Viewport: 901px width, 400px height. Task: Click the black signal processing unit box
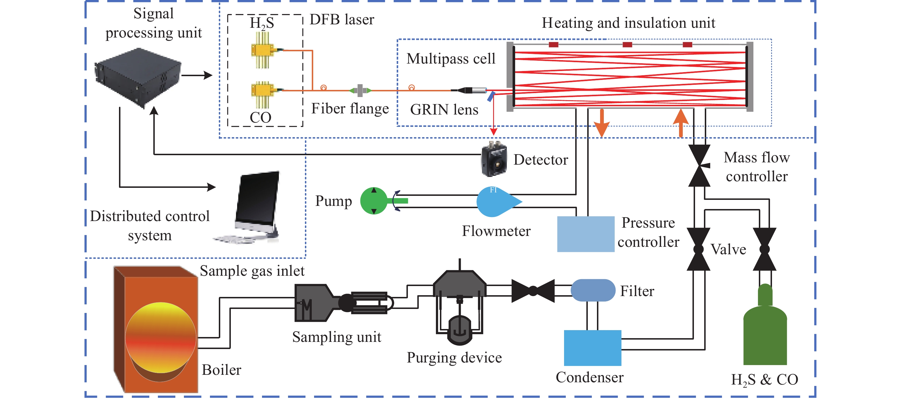pos(138,77)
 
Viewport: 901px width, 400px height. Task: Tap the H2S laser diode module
pos(262,50)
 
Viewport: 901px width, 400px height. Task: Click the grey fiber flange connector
pos(360,90)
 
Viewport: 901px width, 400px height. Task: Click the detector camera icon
pos(494,160)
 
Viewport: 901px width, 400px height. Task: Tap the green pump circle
pos(374,201)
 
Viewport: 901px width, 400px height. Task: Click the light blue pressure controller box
pos(585,234)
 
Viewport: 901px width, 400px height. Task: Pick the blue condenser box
pos(592,348)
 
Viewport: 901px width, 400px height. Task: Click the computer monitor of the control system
pos(258,200)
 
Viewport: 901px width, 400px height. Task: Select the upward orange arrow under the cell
pos(681,123)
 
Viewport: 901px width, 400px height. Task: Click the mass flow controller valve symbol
pos(699,165)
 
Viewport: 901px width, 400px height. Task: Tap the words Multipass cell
pos(450,59)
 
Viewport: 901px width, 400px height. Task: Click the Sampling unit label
pos(336,337)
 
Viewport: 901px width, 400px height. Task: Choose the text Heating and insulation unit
pos(628,23)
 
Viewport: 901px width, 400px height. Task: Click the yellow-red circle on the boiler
pos(160,338)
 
